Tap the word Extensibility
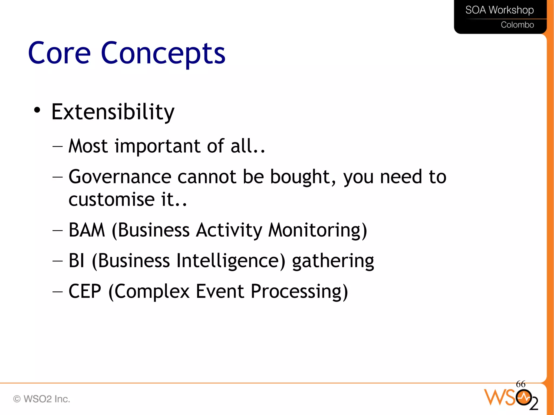113,112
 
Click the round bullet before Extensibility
37,110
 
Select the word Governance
120,177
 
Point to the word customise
111,200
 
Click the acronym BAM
87,230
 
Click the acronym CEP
85,291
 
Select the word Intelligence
230,261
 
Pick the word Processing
299,292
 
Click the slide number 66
520,384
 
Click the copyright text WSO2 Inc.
42,399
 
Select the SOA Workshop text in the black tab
499,10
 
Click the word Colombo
517,25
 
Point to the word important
157,146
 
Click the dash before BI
57,261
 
